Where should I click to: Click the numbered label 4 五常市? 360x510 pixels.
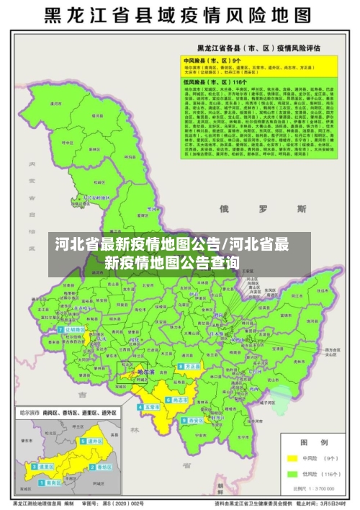(x=150, y=407)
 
